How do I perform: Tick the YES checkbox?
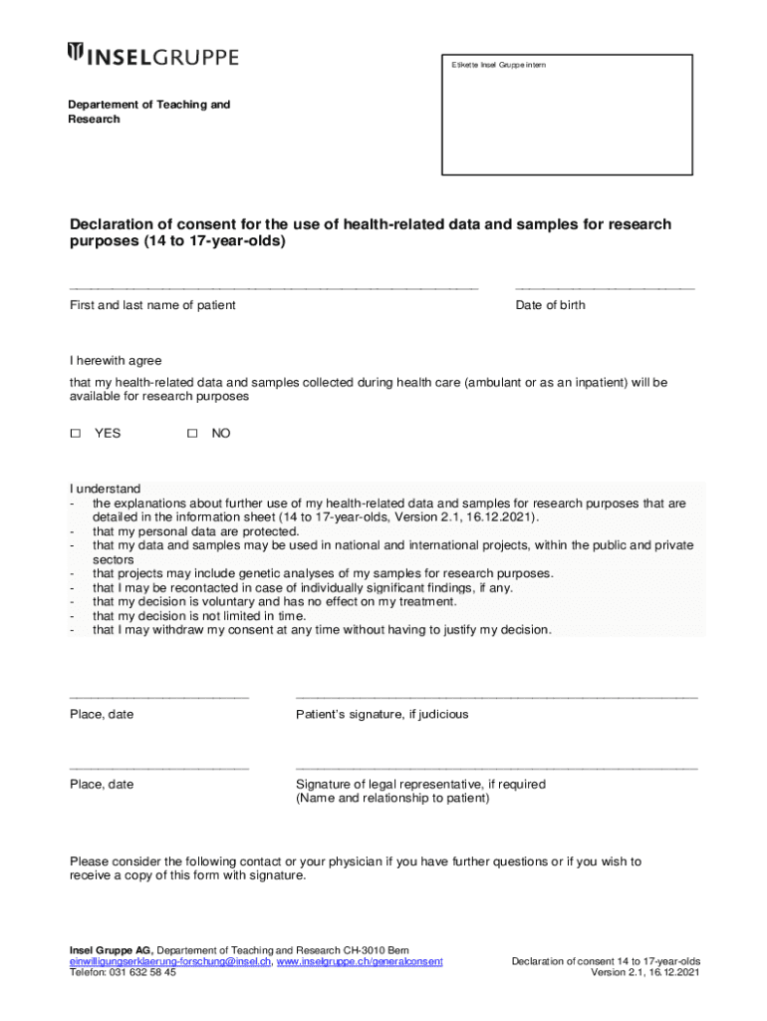75,434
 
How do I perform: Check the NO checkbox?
192,434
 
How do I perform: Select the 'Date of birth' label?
550,305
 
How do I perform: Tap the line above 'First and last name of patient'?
274,288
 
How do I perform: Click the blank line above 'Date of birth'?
605,288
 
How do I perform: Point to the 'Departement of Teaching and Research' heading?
148,112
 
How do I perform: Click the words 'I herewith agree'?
116,361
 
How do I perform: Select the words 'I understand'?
105,489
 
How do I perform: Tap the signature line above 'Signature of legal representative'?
496,769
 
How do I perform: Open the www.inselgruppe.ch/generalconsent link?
359,961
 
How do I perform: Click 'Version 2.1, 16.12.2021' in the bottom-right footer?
644,973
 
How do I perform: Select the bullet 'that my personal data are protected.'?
195,531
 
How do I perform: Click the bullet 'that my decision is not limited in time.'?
199,616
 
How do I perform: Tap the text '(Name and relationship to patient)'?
392,799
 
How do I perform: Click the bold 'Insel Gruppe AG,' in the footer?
111,950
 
